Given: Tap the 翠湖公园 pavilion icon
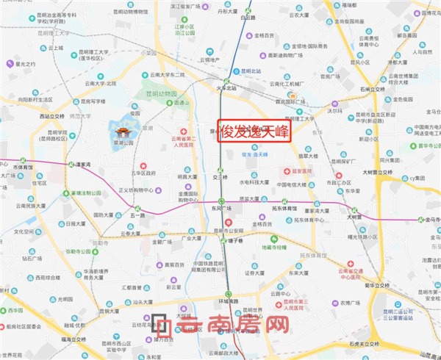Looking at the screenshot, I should click(x=122, y=133).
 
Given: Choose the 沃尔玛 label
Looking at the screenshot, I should click(x=334, y=112).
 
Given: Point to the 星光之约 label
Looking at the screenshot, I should click(x=25, y=64).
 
